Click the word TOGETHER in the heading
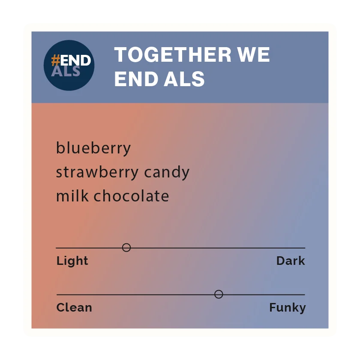(x=173, y=54)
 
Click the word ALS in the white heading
(x=184, y=79)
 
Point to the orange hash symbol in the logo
(x=56, y=60)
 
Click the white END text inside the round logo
(x=75, y=60)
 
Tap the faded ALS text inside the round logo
(x=66, y=71)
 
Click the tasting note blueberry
(x=93, y=149)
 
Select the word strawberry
(x=97, y=172)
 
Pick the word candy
(x=167, y=172)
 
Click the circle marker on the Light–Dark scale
(x=126, y=248)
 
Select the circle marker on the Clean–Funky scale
(x=219, y=294)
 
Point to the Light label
(x=72, y=261)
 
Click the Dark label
(x=291, y=261)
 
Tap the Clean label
(x=74, y=307)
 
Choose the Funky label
(x=288, y=308)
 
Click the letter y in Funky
(x=302, y=309)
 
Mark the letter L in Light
(x=60, y=261)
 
